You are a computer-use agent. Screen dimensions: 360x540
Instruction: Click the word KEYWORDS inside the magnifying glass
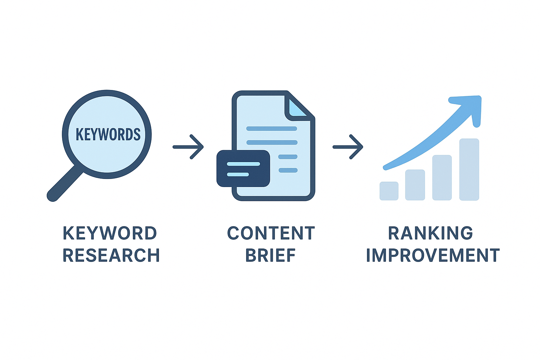click(x=108, y=135)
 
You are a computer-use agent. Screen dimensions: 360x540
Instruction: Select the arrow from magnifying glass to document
click(x=188, y=147)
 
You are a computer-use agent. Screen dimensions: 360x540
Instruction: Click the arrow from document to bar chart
click(x=348, y=147)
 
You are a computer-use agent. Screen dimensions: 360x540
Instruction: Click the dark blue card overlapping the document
click(x=243, y=169)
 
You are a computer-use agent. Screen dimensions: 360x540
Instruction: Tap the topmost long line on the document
click(x=271, y=129)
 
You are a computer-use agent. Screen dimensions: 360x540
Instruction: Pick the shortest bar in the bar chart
click(x=389, y=191)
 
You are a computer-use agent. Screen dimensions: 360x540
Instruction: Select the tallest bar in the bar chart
click(x=469, y=169)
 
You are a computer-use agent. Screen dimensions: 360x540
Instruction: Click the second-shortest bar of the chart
click(x=415, y=185)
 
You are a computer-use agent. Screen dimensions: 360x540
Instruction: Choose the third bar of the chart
click(x=442, y=178)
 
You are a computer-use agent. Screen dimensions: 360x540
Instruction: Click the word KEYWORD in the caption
click(x=110, y=233)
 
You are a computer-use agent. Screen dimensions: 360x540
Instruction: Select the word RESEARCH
click(x=111, y=256)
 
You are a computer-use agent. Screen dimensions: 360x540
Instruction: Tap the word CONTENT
click(x=271, y=233)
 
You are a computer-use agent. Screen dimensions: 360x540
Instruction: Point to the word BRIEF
click(x=270, y=256)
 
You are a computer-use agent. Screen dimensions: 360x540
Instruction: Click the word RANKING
click(x=430, y=233)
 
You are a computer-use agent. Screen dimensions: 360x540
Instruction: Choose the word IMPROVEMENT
click(x=433, y=256)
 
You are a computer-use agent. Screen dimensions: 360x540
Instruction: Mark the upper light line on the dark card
click(x=243, y=164)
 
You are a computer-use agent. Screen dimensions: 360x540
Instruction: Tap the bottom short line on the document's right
click(x=288, y=171)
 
